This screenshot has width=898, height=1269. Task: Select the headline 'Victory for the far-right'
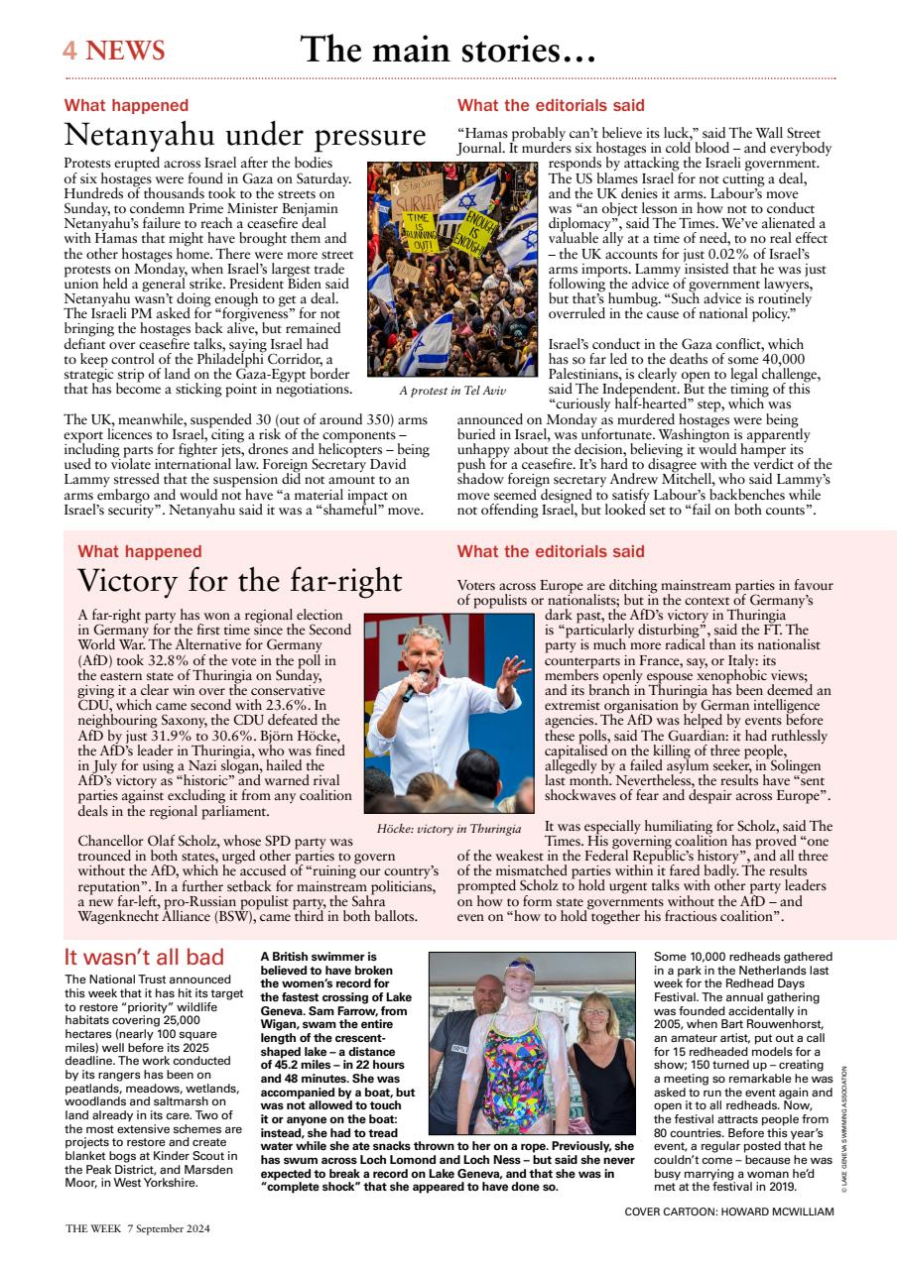click(239, 580)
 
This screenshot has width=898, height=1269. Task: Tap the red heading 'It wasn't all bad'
click(144, 958)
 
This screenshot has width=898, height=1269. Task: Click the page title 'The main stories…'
click(448, 50)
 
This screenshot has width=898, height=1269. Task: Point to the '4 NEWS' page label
click(114, 51)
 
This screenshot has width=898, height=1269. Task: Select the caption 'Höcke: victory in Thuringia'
click(449, 828)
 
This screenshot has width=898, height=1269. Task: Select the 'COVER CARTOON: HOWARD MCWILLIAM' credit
click(729, 1211)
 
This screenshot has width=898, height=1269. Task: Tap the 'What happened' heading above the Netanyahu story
click(126, 105)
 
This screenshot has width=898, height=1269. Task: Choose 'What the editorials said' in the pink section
click(550, 551)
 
